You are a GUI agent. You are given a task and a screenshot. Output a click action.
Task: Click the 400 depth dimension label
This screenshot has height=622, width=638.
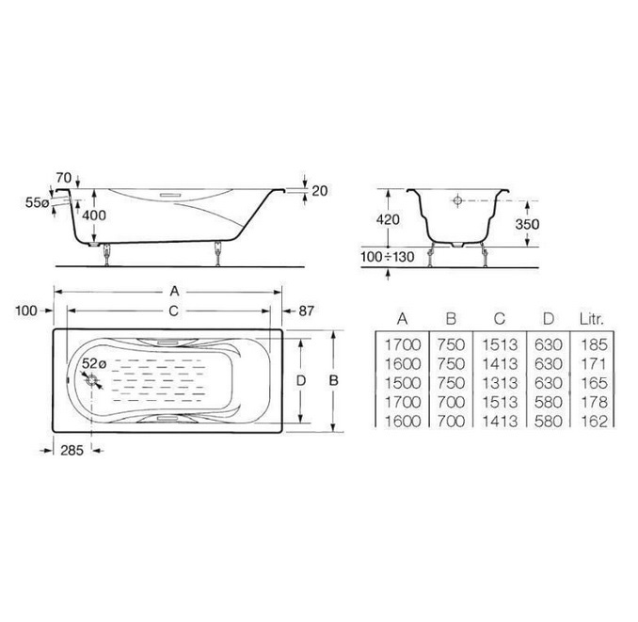click(x=94, y=215)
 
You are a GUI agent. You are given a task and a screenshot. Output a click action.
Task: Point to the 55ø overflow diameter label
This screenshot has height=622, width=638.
click(x=37, y=202)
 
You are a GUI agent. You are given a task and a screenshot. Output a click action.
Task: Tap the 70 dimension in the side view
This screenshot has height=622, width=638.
click(x=64, y=178)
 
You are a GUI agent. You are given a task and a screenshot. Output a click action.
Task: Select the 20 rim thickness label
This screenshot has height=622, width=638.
click(x=319, y=191)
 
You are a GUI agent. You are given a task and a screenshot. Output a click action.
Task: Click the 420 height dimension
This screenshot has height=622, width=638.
click(x=388, y=219)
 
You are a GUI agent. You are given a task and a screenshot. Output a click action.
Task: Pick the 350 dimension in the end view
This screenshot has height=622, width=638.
click(x=527, y=224)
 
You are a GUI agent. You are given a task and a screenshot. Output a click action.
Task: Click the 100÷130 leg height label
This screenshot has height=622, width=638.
click(x=388, y=257)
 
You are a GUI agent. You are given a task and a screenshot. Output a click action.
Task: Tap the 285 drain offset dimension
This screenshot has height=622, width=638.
click(x=72, y=451)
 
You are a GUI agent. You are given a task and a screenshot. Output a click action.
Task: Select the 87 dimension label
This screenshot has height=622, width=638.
click(x=307, y=311)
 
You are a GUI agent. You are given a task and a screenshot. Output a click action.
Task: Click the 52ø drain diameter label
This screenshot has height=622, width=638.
click(x=93, y=363)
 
